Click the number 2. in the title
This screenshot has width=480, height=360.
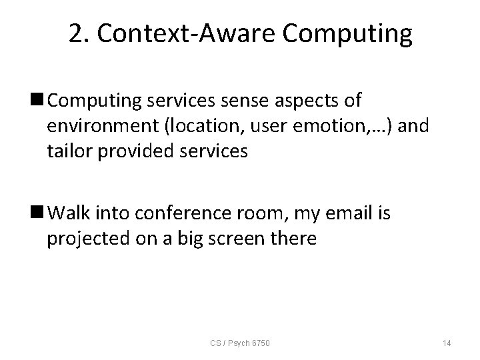pyautogui.click(x=79, y=34)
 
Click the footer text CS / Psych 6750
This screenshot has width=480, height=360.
pyautogui.click(x=241, y=343)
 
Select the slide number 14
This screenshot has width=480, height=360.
pyautogui.click(x=446, y=343)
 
